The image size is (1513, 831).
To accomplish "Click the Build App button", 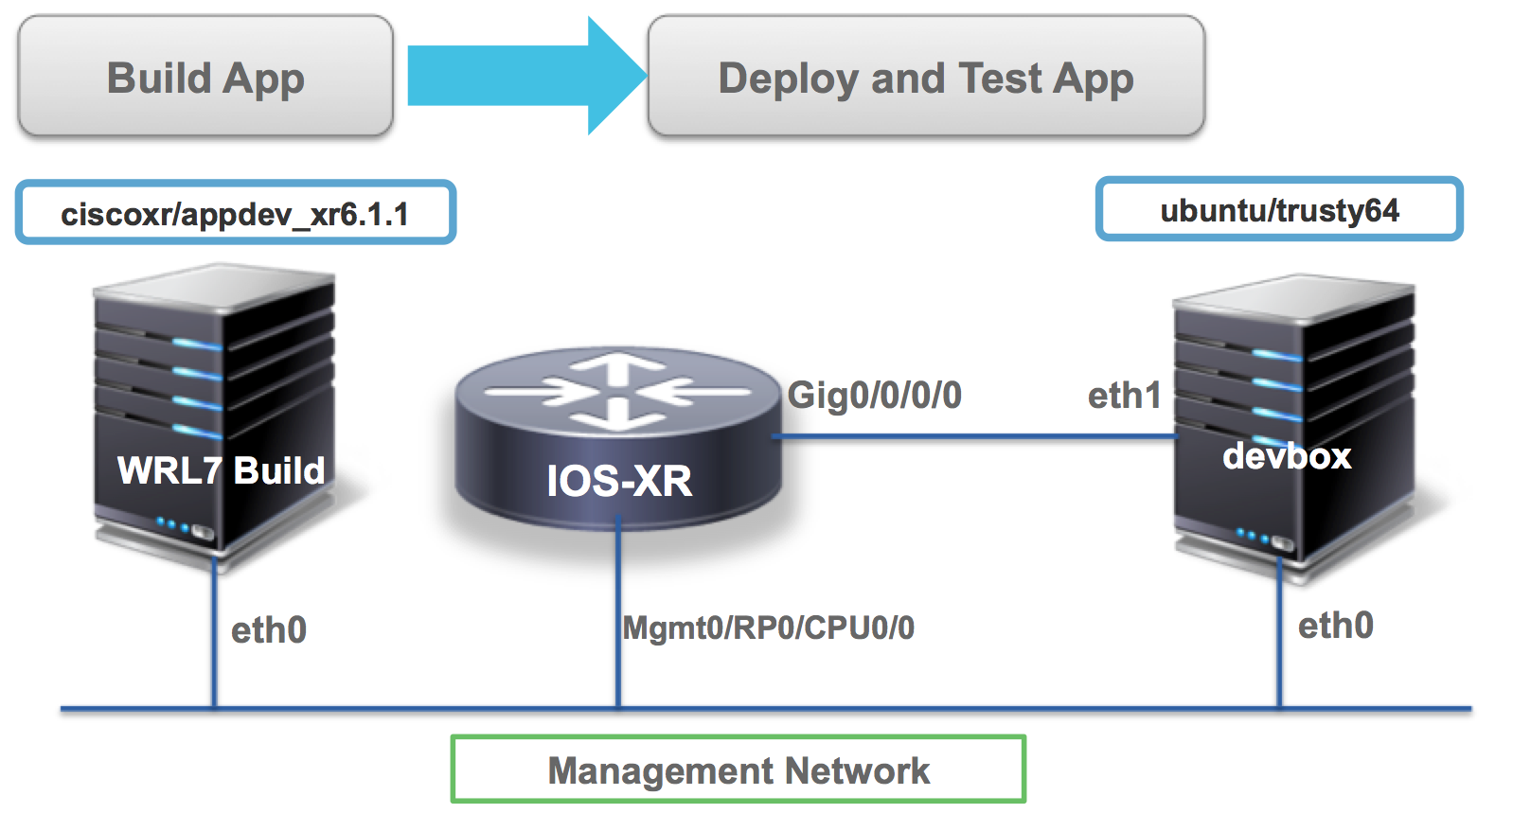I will [205, 78].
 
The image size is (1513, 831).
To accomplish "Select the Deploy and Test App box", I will [925, 78].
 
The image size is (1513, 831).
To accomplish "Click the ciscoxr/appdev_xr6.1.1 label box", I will [235, 213].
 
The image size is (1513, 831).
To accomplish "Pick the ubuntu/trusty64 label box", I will [1278, 210].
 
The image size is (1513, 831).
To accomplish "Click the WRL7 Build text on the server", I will [221, 470].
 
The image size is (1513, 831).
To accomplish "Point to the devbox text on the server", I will [1286, 456].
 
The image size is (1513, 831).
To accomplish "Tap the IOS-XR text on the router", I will [619, 481].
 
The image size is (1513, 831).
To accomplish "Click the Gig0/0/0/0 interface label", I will [874, 395].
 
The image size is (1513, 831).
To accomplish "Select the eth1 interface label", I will [1124, 396].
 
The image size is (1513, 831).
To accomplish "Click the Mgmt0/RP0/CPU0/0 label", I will [768, 628].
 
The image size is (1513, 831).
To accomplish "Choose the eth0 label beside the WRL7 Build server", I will [268, 630].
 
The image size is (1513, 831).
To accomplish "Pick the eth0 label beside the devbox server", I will [1335, 626].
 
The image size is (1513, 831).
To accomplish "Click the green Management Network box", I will [739, 769].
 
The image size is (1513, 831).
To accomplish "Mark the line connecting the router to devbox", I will [975, 436].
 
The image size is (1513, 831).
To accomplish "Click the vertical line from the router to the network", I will [618, 615].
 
